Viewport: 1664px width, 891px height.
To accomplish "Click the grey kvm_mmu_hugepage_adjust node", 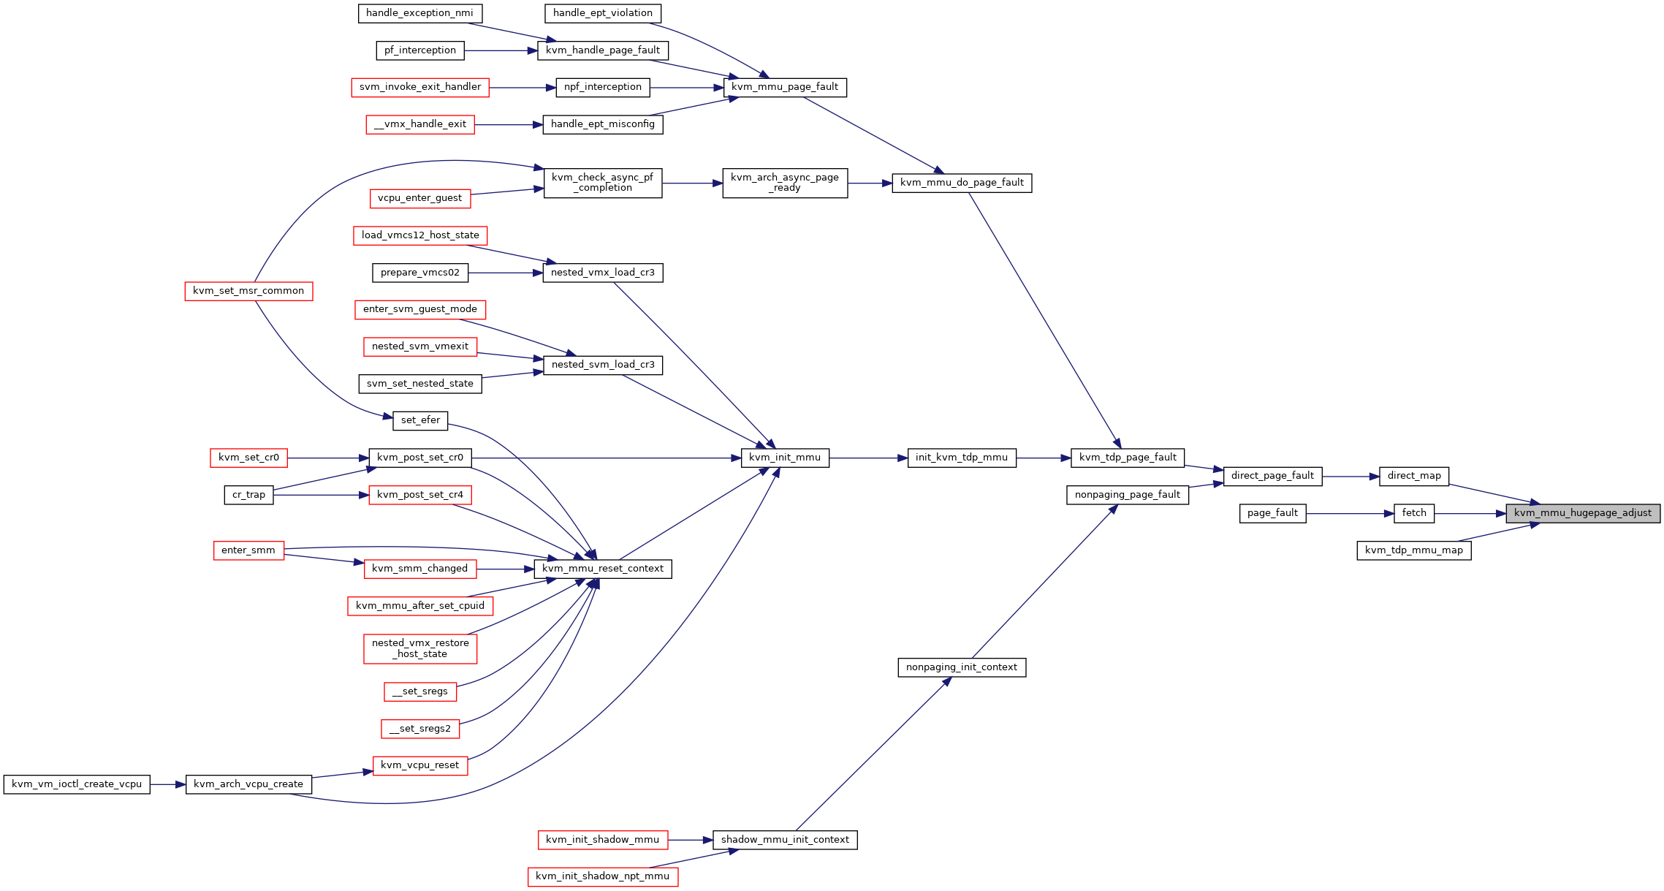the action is click(1583, 513).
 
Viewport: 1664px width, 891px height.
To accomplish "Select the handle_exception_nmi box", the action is click(420, 13).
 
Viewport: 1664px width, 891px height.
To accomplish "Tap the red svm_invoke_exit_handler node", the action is click(420, 87).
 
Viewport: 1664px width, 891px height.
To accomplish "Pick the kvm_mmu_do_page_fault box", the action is click(962, 183).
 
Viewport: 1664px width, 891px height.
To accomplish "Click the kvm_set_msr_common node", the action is click(248, 291).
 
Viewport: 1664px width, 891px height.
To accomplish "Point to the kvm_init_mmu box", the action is click(785, 458).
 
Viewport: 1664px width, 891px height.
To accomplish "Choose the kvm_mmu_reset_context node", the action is click(603, 569).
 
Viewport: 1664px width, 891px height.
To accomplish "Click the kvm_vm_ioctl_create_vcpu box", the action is click(77, 784).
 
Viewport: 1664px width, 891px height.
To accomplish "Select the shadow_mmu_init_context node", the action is click(785, 840).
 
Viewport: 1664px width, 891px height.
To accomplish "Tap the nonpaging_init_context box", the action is click(962, 667).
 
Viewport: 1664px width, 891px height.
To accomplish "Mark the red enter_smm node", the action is click(248, 550).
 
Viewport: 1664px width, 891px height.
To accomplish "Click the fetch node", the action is click(1414, 513).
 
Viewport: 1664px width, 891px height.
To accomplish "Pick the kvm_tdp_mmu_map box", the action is click(1414, 550).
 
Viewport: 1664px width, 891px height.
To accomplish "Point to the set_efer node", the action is click(420, 420).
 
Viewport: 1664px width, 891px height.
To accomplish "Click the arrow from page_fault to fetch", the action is click(1350, 514).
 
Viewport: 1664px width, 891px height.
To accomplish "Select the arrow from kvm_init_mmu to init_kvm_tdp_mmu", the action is click(868, 458).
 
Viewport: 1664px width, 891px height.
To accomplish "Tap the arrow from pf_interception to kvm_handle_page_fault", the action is click(501, 50).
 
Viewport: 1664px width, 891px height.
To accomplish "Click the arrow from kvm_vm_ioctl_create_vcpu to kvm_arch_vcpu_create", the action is click(168, 784).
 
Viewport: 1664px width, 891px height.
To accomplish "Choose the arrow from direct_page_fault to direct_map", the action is click(1350, 477).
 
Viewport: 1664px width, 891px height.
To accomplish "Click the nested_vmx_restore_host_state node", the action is click(420, 648).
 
